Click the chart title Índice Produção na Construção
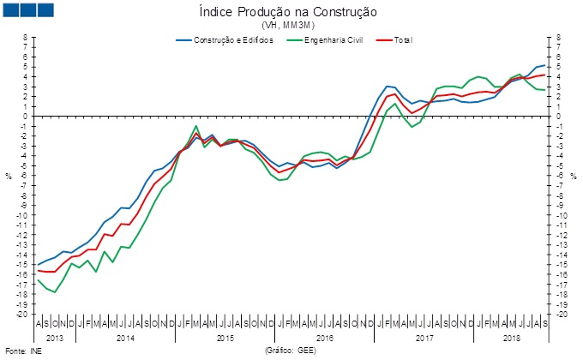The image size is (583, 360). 293,12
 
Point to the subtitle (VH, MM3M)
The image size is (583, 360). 292,26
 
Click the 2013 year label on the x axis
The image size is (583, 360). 55,338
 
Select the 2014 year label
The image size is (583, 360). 125,338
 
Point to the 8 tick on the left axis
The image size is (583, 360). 26,38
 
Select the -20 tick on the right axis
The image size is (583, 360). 562,314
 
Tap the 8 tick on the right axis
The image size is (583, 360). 558,38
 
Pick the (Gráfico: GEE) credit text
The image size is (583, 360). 292,351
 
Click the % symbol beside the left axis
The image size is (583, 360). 9,176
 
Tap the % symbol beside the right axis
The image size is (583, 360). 574,176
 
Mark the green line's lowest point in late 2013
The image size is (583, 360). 55,292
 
